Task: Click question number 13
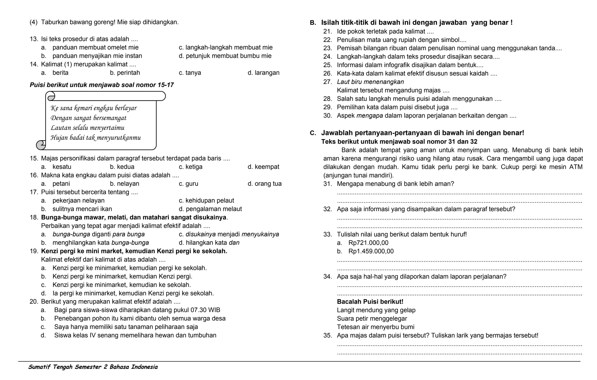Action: click(34, 39)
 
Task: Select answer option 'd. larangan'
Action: click(264, 73)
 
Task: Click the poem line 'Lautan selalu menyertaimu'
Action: click(87, 128)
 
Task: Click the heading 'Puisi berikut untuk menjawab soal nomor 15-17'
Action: click(102, 85)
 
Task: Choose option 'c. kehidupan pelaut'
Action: click(206, 201)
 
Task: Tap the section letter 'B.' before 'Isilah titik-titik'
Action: click(313, 23)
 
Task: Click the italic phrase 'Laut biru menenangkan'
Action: click(370, 82)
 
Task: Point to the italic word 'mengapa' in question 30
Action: click(369, 116)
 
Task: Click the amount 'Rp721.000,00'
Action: click(368, 243)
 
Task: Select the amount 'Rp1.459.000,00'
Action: click(371, 251)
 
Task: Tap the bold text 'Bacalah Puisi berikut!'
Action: click(370, 302)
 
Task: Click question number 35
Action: click(327, 336)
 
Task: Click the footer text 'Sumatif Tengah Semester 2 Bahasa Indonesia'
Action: click(93, 367)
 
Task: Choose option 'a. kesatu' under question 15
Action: click(56, 167)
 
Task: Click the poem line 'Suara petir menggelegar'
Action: click(372, 319)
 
